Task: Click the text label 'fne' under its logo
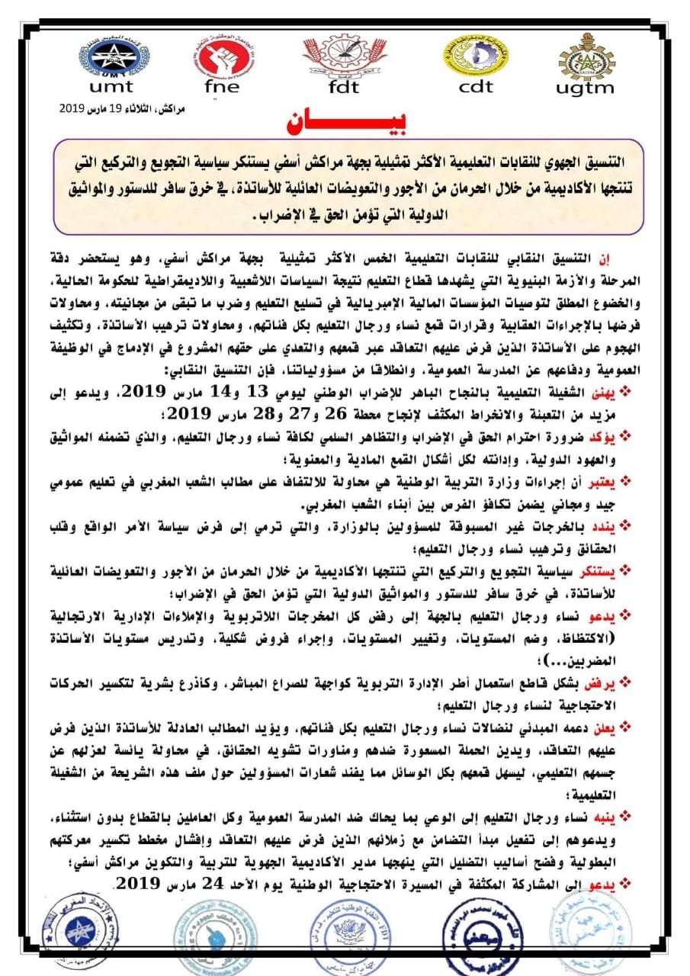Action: click(222, 86)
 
